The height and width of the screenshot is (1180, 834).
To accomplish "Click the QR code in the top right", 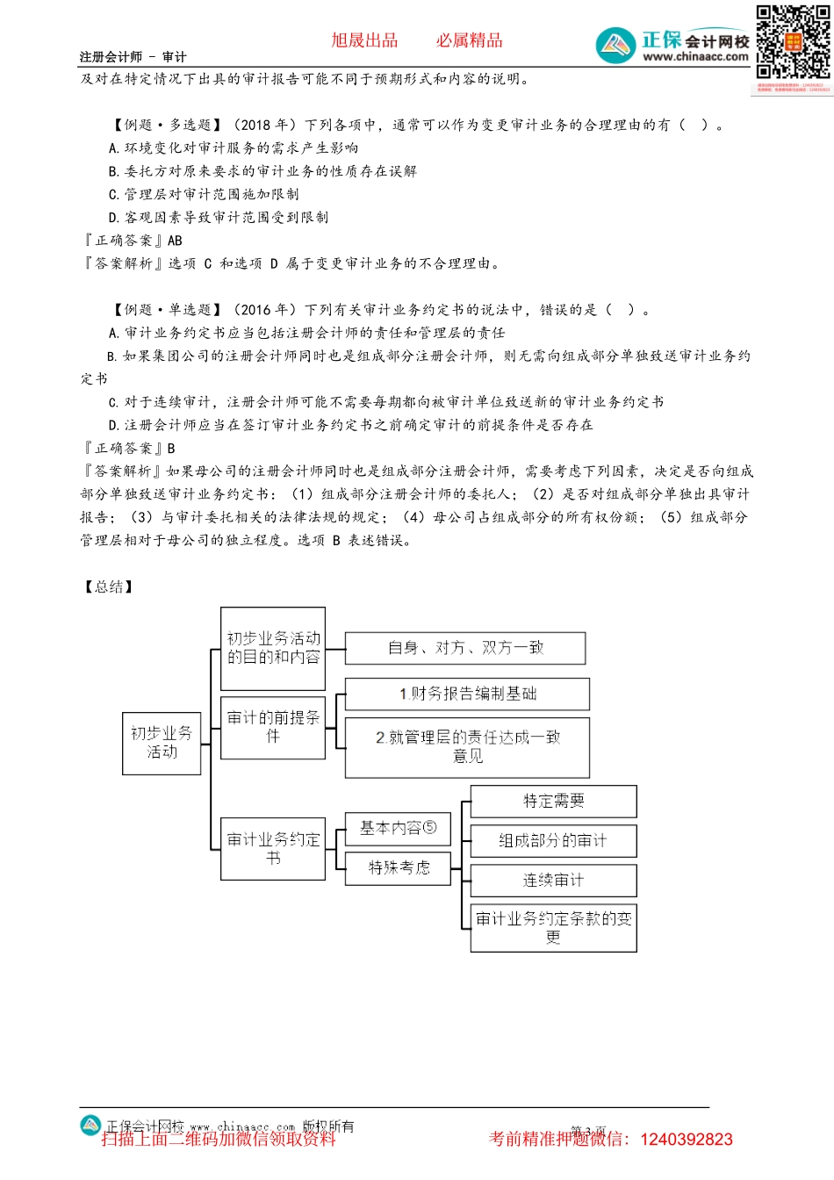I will point(793,43).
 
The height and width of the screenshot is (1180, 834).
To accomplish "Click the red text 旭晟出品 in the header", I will point(364,40).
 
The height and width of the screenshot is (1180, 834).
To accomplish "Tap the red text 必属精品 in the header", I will point(470,40).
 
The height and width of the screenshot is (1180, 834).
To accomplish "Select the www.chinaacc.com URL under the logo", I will point(695,57).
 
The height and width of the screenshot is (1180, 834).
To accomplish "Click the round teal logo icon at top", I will point(615,45).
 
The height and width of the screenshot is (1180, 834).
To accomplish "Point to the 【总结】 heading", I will point(109,586).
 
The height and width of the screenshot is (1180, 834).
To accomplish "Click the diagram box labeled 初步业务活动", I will point(162,743).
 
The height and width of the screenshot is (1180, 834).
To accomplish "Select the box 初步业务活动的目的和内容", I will point(273,648).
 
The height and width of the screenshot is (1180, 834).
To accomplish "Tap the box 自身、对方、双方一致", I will point(465,648).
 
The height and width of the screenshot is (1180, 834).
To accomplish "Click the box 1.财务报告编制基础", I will point(467,694).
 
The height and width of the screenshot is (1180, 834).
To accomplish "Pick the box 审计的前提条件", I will point(273,727).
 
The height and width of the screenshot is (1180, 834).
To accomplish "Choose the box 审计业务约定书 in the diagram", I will point(273,848).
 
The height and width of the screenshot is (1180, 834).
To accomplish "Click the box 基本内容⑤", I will point(398,828).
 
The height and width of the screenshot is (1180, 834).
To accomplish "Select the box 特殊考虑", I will point(399,867).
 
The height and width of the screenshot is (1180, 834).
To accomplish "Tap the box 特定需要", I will point(553,801).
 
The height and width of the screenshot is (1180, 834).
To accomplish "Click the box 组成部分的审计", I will point(553,840).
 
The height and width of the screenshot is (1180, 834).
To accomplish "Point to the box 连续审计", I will point(553,880).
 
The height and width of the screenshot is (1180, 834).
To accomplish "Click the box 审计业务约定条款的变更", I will point(553,928).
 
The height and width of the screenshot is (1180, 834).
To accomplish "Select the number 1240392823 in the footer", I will point(687,1140).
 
